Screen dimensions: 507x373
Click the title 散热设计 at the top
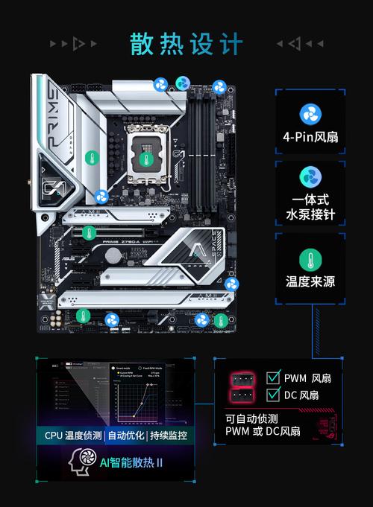coord(186,44)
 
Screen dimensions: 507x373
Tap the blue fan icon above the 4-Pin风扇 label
coord(310,114)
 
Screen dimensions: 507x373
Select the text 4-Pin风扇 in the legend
coord(310,137)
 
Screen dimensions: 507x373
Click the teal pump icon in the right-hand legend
coord(310,177)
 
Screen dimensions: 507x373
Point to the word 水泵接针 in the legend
coord(310,214)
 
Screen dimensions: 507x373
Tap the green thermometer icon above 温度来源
coord(310,259)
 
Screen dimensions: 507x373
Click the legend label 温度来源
coord(310,282)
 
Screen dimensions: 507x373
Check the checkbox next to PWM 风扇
coord(273,377)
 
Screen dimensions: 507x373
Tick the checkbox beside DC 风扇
coord(273,395)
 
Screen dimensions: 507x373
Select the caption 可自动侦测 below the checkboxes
coord(251,418)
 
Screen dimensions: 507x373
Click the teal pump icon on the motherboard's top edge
coord(182,83)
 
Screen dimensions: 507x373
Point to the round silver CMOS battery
coord(112,254)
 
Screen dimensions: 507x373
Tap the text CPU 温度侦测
coord(73,435)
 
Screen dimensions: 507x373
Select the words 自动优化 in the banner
coord(127,435)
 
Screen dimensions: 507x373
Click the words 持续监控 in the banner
coord(169,435)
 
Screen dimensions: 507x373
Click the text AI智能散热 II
coord(131,462)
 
